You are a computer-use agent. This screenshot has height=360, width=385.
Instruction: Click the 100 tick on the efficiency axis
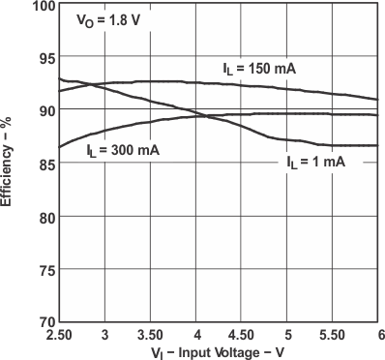tap(41, 6)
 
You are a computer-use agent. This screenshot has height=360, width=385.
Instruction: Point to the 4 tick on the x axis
tap(197, 334)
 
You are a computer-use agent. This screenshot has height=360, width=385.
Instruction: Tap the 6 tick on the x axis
tap(379, 334)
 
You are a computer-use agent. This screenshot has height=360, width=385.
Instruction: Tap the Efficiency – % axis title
tap(8, 161)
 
